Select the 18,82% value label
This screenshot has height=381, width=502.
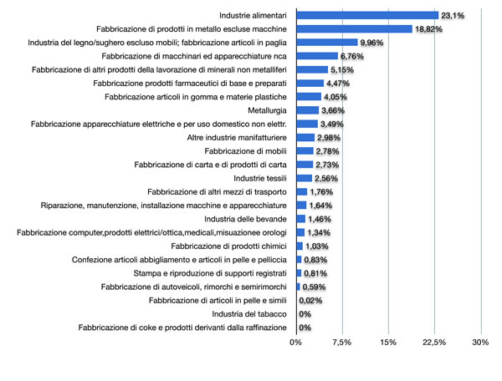click(x=428, y=29)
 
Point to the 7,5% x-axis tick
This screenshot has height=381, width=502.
click(x=341, y=342)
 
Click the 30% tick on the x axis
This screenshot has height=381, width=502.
click(x=479, y=342)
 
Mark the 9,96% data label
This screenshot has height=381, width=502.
click(x=373, y=43)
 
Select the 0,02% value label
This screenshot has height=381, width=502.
click(x=311, y=301)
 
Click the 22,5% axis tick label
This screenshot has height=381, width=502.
click(x=433, y=342)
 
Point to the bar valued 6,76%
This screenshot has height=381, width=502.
click(x=317, y=56)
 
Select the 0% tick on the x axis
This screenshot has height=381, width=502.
click(x=296, y=342)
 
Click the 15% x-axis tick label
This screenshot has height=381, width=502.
click(x=387, y=342)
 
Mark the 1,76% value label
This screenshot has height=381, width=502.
click(x=322, y=192)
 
